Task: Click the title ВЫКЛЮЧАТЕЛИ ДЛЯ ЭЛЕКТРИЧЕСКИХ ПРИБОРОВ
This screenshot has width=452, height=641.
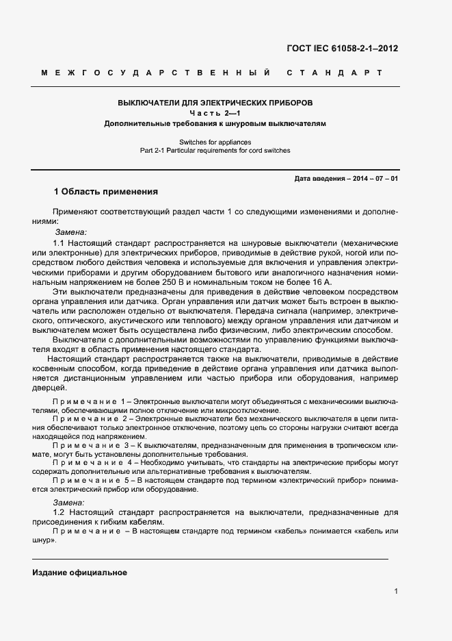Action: (x=215, y=103)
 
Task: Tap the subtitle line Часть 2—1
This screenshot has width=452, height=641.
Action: (x=215, y=113)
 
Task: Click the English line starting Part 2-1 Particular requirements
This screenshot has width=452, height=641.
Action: (x=215, y=150)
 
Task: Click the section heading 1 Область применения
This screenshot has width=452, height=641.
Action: (x=105, y=192)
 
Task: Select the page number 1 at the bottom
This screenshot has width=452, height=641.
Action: (x=396, y=591)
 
